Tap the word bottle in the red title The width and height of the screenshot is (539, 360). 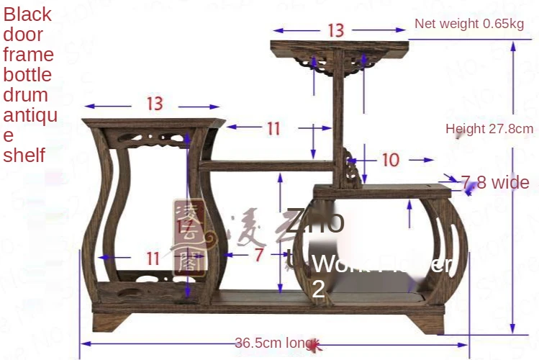27,75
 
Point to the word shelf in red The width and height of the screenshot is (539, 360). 24,155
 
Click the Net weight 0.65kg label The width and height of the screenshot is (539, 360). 468,24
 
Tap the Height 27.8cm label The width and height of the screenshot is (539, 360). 489,129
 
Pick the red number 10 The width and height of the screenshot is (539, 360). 390,160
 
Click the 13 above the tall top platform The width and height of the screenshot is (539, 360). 336,30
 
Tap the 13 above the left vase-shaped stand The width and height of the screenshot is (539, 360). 154,104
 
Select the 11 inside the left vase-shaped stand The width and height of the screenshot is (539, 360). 153,257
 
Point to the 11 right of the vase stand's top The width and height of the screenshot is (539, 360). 273,128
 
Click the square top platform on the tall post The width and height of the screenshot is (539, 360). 339,48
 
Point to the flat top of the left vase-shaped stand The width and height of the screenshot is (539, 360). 153,122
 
